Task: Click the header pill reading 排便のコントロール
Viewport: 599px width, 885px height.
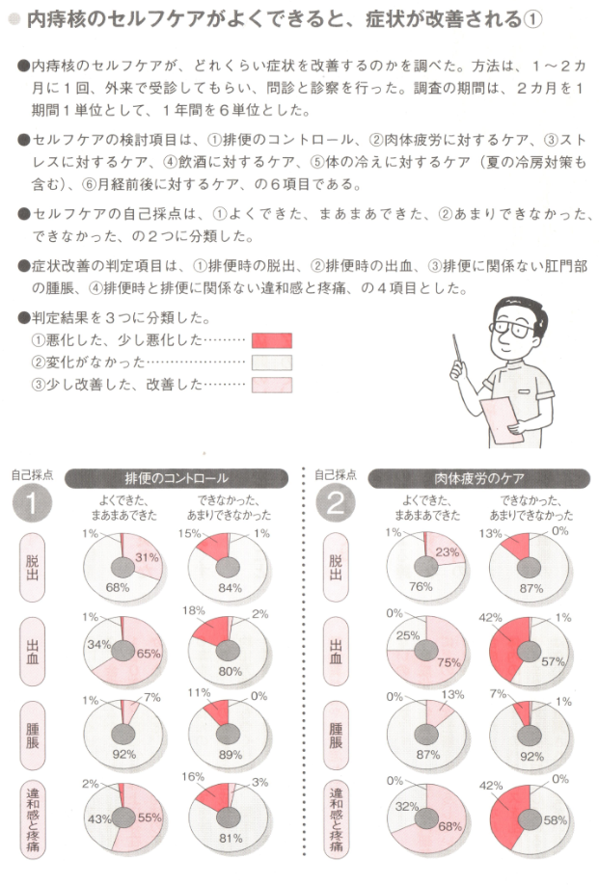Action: click(177, 478)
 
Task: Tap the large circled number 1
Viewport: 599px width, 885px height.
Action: click(32, 504)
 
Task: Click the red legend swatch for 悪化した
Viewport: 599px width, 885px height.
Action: click(271, 339)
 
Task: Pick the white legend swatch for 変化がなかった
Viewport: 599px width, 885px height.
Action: click(271, 362)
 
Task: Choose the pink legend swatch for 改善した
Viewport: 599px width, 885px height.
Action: click(271, 386)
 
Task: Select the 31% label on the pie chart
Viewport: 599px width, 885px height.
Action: click(148, 557)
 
